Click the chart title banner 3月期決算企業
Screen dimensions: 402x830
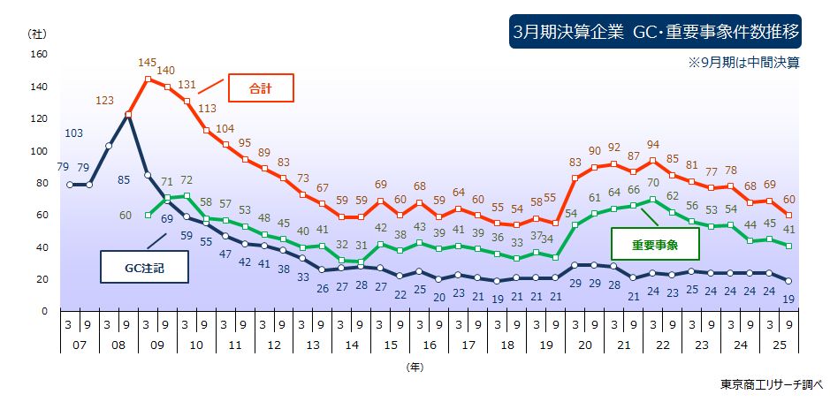click(x=657, y=32)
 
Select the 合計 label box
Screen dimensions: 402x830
click(x=260, y=89)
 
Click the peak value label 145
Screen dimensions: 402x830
click(x=148, y=63)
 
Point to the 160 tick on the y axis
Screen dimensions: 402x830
click(x=38, y=54)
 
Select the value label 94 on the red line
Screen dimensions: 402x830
click(x=653, y=145)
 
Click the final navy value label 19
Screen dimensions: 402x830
click(x=788, y=299)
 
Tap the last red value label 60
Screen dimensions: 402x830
click(x=788, y=199)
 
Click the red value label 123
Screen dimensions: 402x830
click(x=104, y=101)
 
